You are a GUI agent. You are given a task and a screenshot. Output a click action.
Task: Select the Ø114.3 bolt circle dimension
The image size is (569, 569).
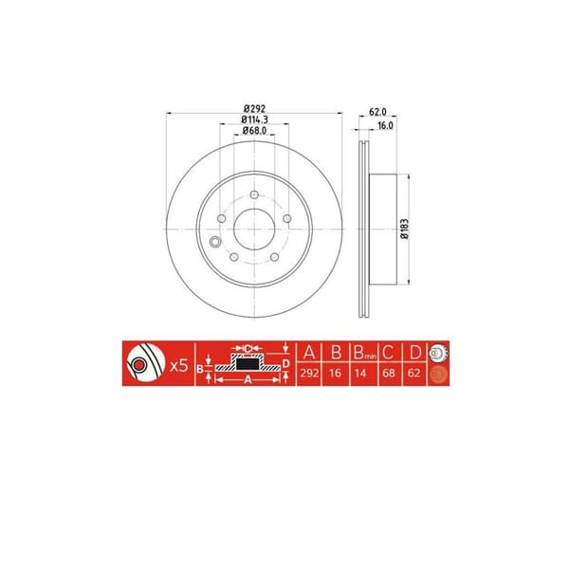(252, 119)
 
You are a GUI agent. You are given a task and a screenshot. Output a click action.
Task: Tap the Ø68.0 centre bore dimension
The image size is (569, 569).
(252, 131)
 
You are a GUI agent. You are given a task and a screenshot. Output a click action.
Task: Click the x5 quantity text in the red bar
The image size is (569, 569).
(176, 364)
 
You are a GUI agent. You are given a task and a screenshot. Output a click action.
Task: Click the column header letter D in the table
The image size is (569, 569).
(414, 352)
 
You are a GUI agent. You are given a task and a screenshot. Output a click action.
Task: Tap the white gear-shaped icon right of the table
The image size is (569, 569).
(437, 352)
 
